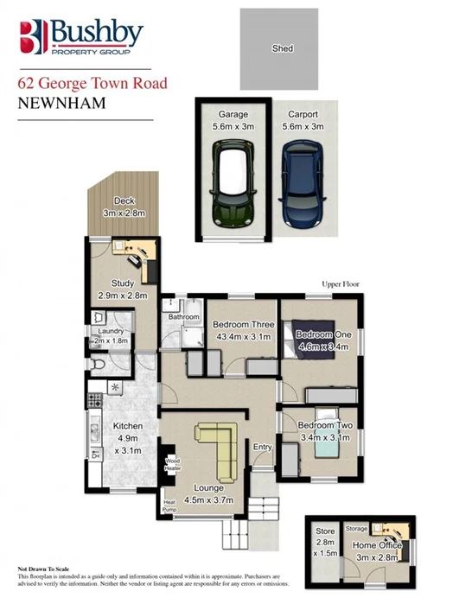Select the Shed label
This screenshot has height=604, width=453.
click(283, 48)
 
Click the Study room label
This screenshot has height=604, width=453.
click(125, 288)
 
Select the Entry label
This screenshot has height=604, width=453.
click(261, 446)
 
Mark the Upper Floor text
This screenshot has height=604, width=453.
click(340, 284)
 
